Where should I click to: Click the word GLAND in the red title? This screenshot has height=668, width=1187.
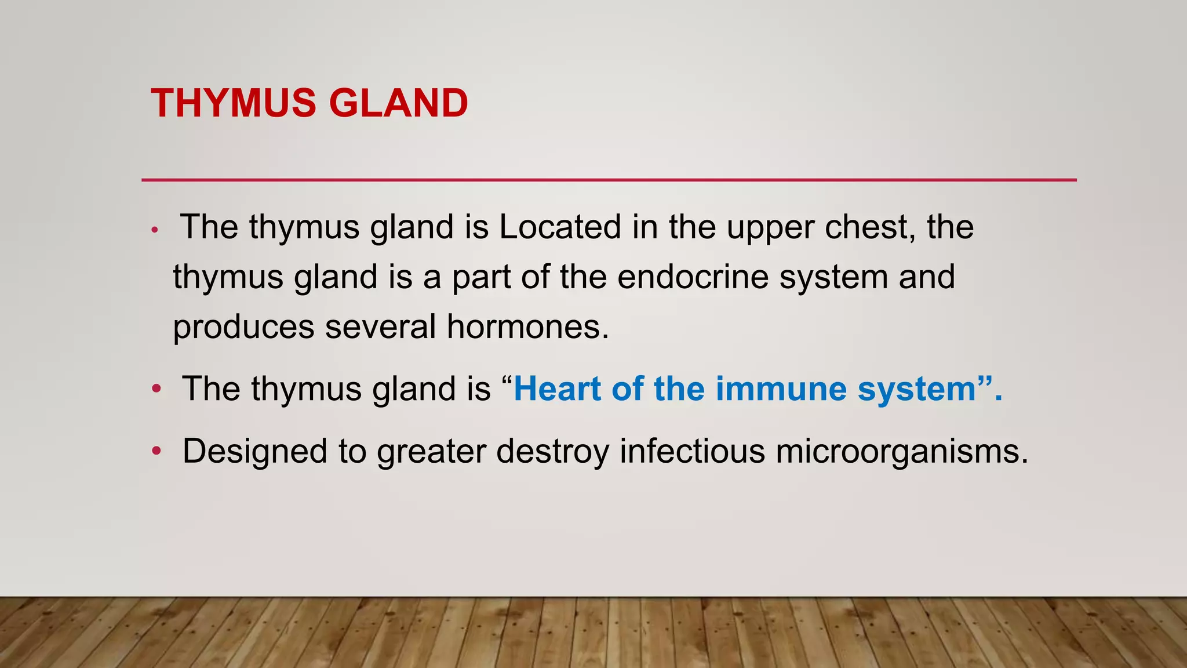click(398, 103)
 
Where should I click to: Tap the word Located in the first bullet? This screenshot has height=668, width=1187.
click(560, 227)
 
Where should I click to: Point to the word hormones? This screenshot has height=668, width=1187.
click(527, 326)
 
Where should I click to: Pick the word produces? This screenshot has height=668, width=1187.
click(243, 328)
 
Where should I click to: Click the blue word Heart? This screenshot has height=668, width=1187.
click(557, 389)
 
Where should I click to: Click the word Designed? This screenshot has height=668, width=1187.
click(255, 452)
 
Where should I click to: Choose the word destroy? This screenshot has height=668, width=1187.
click(553, 452)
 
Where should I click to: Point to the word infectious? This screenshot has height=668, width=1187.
click(692, 451)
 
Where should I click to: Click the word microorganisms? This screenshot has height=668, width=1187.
click(901, 452)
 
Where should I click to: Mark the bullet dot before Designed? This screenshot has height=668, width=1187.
click(156, 451)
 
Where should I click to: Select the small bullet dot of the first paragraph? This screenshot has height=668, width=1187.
click(154, 230)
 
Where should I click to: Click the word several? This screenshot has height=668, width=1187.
click(380, 326)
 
